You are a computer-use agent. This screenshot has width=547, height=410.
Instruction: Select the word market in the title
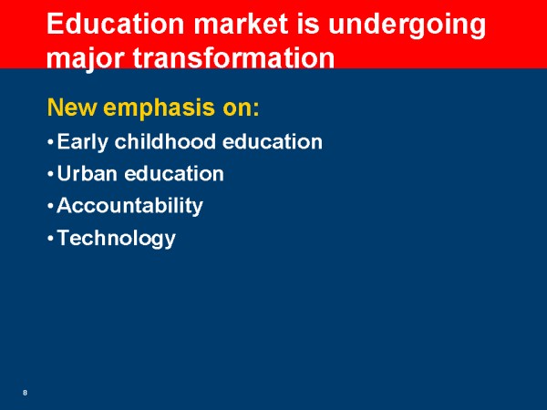point(241,24)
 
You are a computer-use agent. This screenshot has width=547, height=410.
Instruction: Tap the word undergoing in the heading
point(407,26)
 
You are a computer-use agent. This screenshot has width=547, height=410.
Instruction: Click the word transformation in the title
point(233,56)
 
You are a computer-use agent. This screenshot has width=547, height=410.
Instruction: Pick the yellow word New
point(72,108)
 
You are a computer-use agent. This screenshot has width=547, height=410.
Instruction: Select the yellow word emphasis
point(159,109)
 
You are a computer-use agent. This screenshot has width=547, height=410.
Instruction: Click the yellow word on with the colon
point(241,108)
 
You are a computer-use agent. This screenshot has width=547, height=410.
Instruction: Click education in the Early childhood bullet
point(273,141)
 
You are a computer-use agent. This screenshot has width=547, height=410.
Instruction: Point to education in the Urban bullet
point(174,173)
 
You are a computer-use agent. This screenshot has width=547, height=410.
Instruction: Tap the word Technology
point(116,239)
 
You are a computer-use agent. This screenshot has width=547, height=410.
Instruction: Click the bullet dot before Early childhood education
point(50,142)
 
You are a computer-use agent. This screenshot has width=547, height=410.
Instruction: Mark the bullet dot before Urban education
point(50,174)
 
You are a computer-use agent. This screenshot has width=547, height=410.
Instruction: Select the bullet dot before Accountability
point(50,207)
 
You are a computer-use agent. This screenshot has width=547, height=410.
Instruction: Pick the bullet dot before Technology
point(50,239)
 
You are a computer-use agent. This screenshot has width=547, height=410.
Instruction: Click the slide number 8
point(25,393)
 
